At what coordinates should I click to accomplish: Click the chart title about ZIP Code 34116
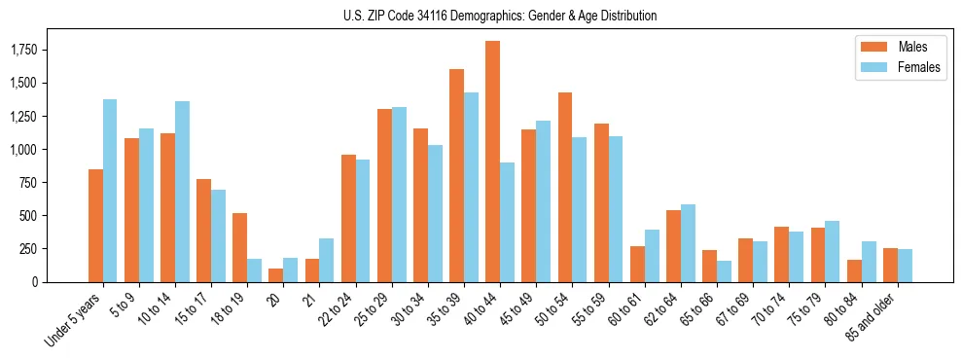(500, 16)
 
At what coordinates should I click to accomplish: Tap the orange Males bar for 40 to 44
(493, 162)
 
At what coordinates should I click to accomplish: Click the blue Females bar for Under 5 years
(110, 191)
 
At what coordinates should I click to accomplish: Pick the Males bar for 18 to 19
(240, 247)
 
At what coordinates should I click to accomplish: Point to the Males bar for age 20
(276, 275)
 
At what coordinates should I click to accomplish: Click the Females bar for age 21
(326, 260)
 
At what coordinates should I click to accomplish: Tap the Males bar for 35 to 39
(456, 175)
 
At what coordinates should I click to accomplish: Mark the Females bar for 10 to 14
(183, 192)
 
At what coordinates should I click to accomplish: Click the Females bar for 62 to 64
(688, 243)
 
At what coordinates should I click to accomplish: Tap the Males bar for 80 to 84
(854, 270)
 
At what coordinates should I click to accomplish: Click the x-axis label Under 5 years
(72, 318)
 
